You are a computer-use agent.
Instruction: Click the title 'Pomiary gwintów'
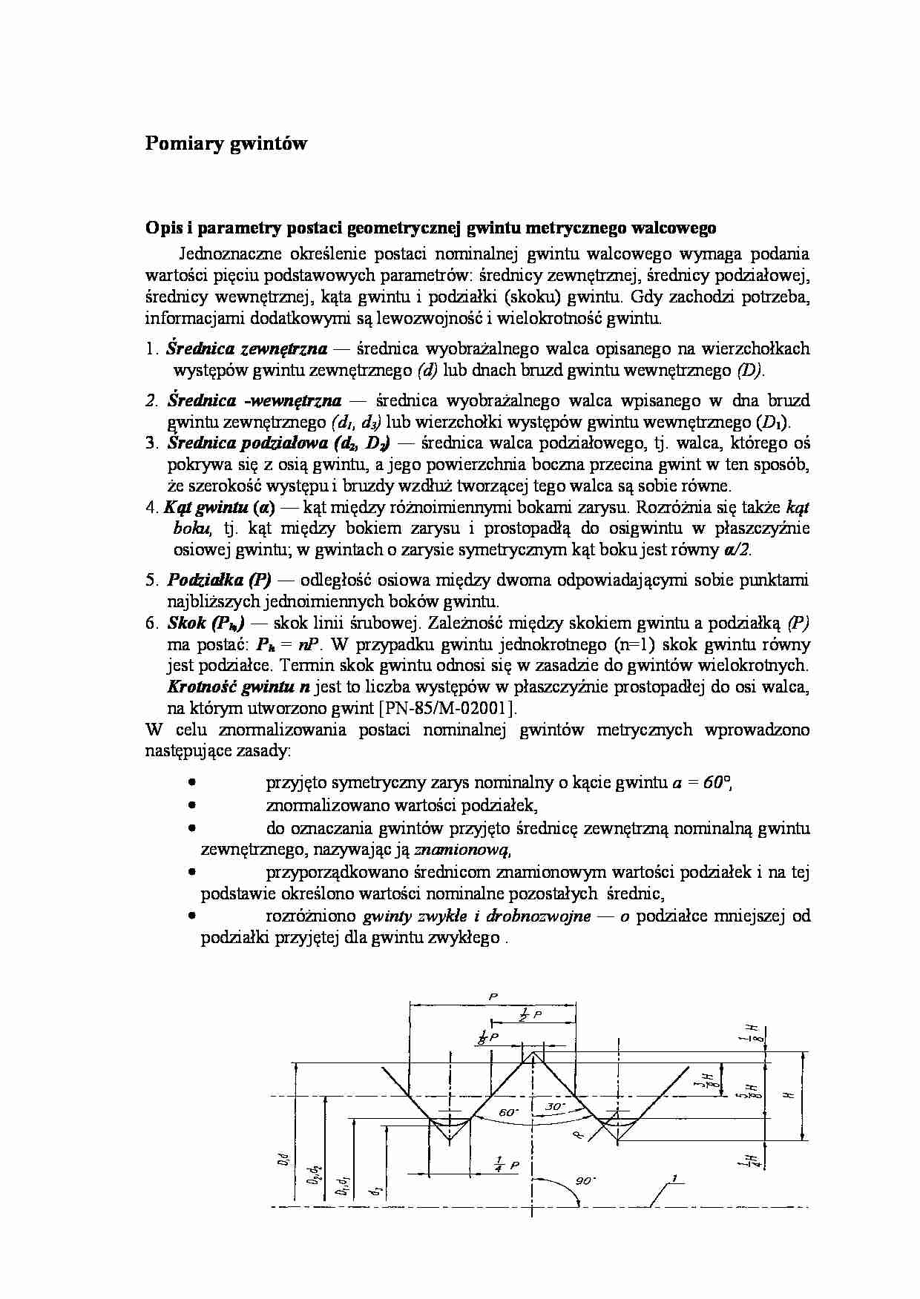click(226, 144)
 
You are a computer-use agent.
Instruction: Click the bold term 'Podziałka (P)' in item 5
click(219, 580)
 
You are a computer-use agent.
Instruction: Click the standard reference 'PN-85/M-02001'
click(446, 707)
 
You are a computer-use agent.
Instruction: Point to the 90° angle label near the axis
click(586, 1180)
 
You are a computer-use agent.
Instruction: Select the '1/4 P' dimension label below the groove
click(507, 1164)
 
